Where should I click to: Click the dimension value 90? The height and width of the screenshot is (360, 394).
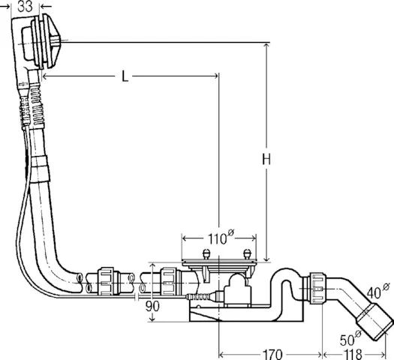[x=153, y=307]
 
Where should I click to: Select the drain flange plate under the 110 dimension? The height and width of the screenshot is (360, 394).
[x=219, y=263]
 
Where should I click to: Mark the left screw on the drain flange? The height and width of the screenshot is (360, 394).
[x=206, y=253]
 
